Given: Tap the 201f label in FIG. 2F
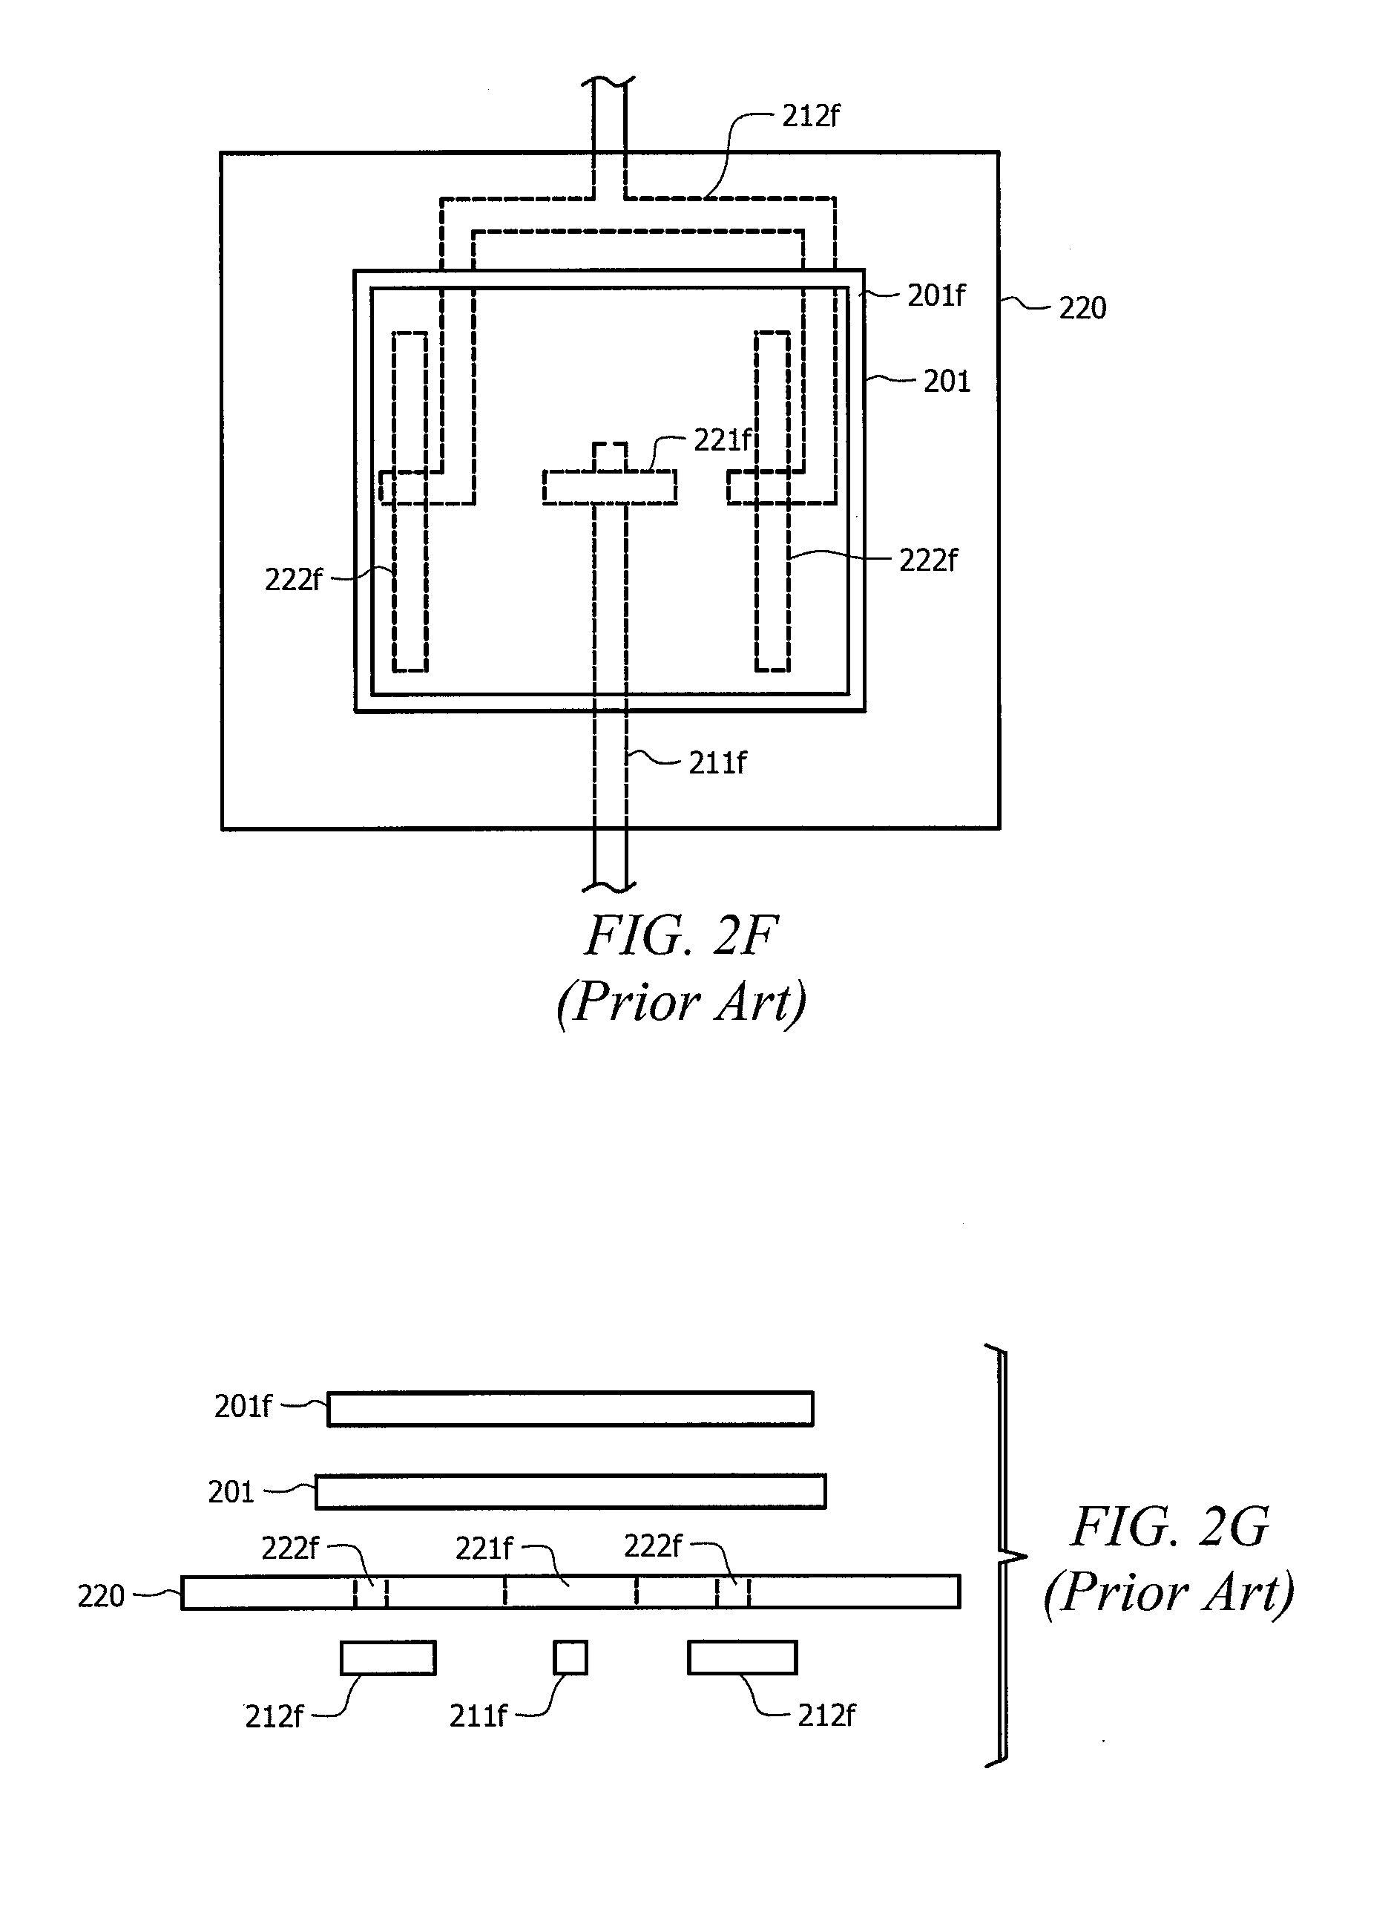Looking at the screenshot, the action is (935, 295).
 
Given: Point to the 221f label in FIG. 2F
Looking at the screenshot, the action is (722, 439).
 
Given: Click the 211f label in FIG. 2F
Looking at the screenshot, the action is (717, 762).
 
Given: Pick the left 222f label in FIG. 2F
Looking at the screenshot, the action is (292, 580).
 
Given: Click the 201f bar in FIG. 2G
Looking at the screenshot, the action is (570, 1409).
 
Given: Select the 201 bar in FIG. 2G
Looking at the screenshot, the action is (570, 1491).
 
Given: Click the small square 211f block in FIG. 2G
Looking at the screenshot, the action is (570, 1658).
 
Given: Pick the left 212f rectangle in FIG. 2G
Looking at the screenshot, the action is (388, 1658).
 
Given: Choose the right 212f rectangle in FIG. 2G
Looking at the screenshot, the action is (742, 1658).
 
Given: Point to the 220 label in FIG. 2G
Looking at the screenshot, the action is (101, 1596).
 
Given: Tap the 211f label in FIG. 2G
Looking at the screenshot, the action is (478, 1715).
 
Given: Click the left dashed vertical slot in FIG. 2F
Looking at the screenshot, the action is (410, 502).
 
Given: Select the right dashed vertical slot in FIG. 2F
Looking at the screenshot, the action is (772, 502).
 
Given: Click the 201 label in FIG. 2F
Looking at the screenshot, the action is (947, 382).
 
